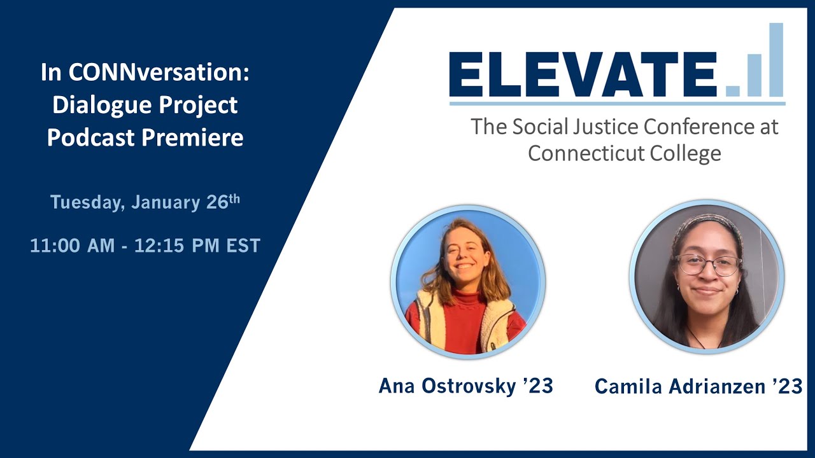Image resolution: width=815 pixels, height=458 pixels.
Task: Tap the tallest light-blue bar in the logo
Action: [776, 60]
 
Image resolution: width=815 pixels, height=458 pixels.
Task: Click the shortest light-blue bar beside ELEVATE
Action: [732, 91]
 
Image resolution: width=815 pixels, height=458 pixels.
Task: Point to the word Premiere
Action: [192, 137]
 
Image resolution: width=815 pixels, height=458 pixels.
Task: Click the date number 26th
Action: [223, 202]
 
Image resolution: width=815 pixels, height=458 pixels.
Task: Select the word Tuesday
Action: [87, 202]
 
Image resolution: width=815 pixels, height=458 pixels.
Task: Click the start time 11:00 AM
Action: [73, 246]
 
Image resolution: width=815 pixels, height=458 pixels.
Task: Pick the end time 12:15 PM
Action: [177, 246]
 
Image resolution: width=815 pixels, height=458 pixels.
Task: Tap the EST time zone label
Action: [243, 246]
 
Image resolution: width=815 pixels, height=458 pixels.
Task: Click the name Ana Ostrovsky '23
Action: [465, 386]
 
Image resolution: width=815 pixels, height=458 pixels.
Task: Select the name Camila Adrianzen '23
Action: [698, 386]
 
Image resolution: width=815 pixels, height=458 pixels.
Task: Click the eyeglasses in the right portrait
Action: [707, 265]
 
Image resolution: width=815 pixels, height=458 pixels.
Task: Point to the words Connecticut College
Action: [625, 153]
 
